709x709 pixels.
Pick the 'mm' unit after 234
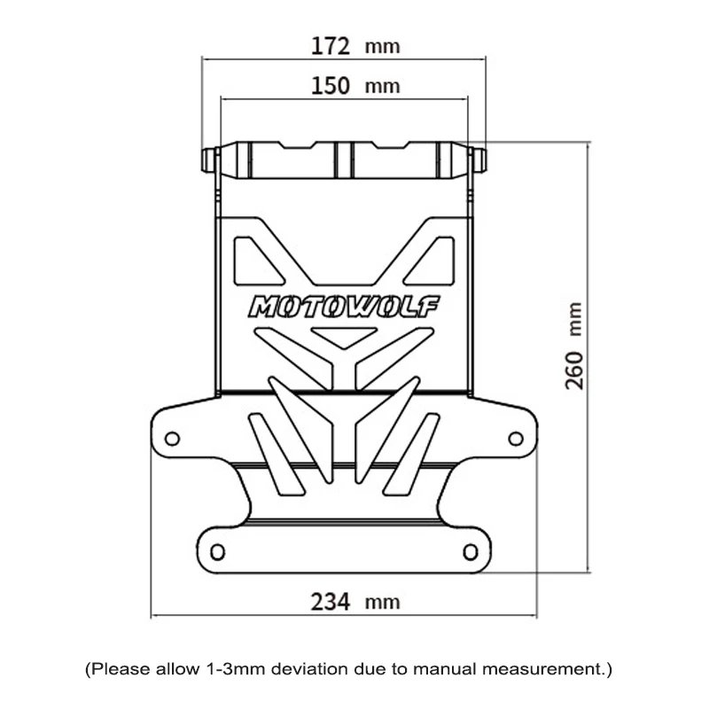click(382, 604)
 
